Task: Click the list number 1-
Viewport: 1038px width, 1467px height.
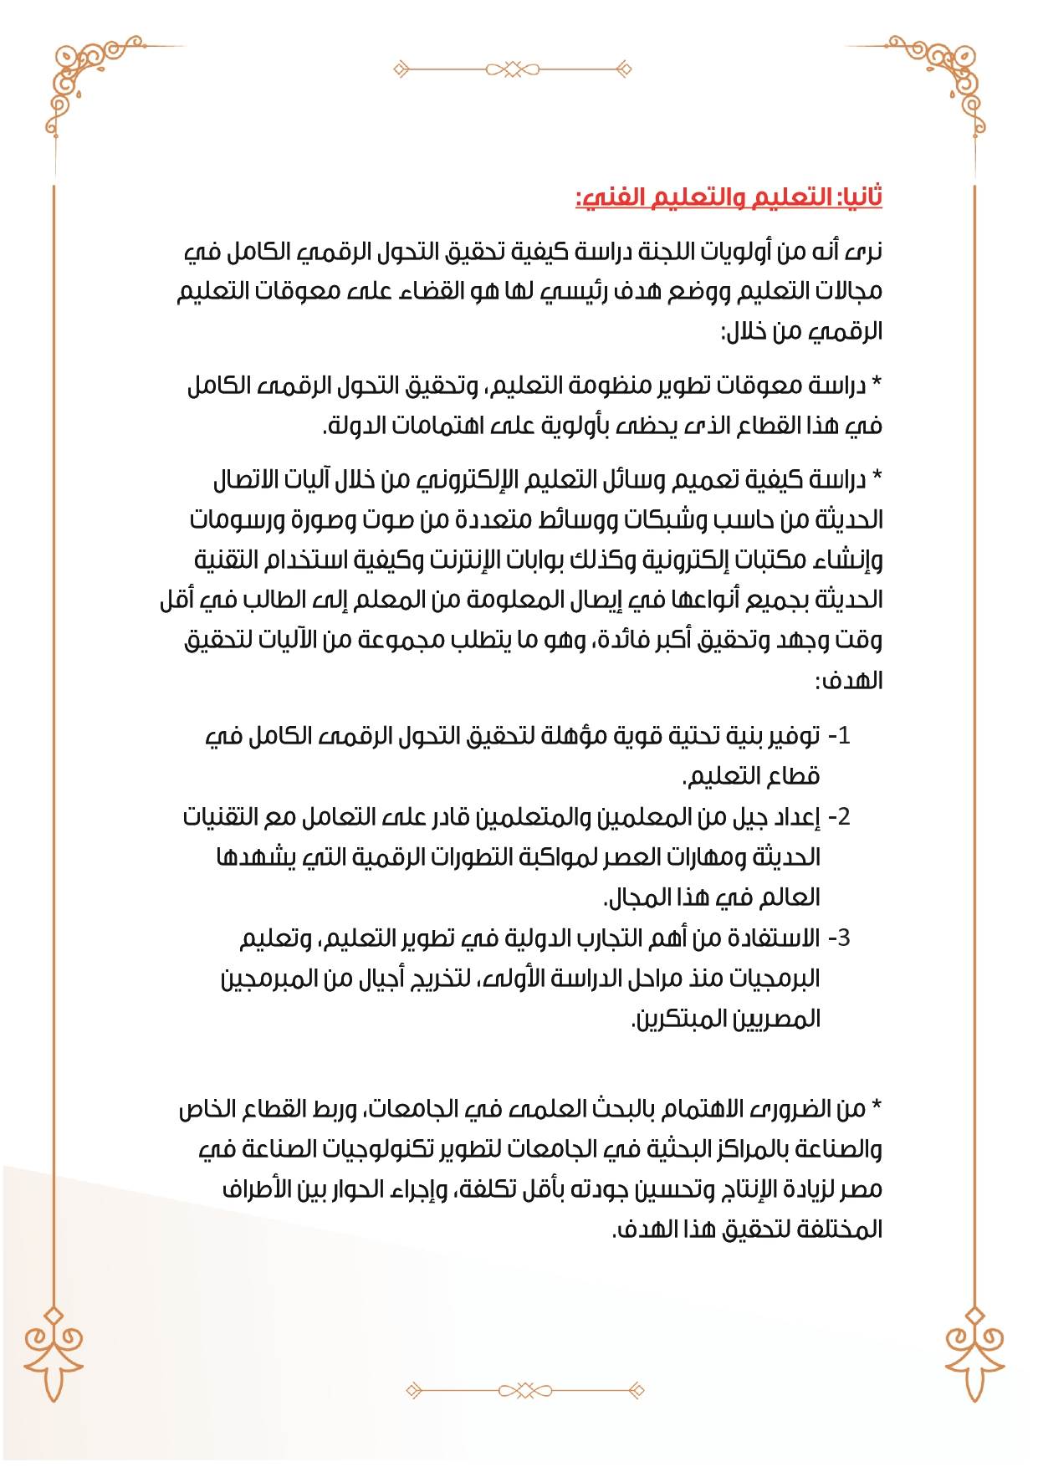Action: click(x=839, y=736)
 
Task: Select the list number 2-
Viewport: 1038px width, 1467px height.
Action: click(x=839, y=816)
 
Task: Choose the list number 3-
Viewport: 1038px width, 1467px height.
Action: click(x=839, y=938)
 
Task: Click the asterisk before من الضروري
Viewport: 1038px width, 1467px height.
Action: click(x=877, y=1109)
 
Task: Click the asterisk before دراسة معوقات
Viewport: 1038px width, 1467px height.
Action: click(x=877, y=386)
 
